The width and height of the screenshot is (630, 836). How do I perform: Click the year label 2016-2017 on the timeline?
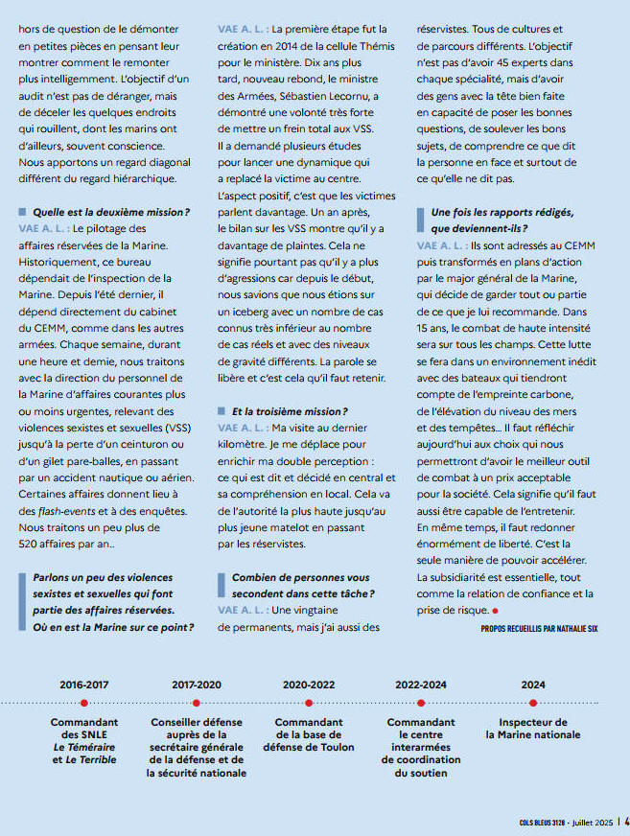84,685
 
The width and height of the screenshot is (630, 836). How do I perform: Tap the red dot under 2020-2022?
309,704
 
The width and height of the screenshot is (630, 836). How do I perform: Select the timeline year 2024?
533,685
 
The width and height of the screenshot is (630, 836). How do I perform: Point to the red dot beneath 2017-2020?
197,704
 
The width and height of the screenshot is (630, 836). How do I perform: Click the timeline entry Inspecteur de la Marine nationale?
533,729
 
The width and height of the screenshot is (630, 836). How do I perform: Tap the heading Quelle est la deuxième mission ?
111,211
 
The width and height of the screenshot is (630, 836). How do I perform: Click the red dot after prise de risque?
496,612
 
